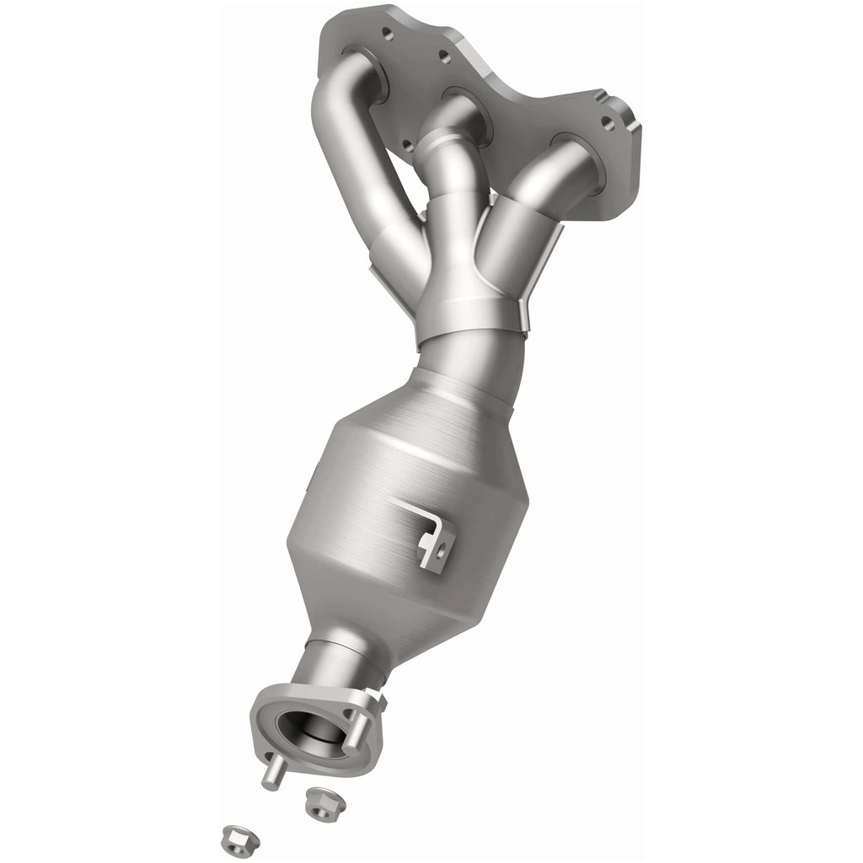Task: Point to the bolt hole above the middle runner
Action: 443,57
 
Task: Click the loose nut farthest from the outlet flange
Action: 234,838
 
